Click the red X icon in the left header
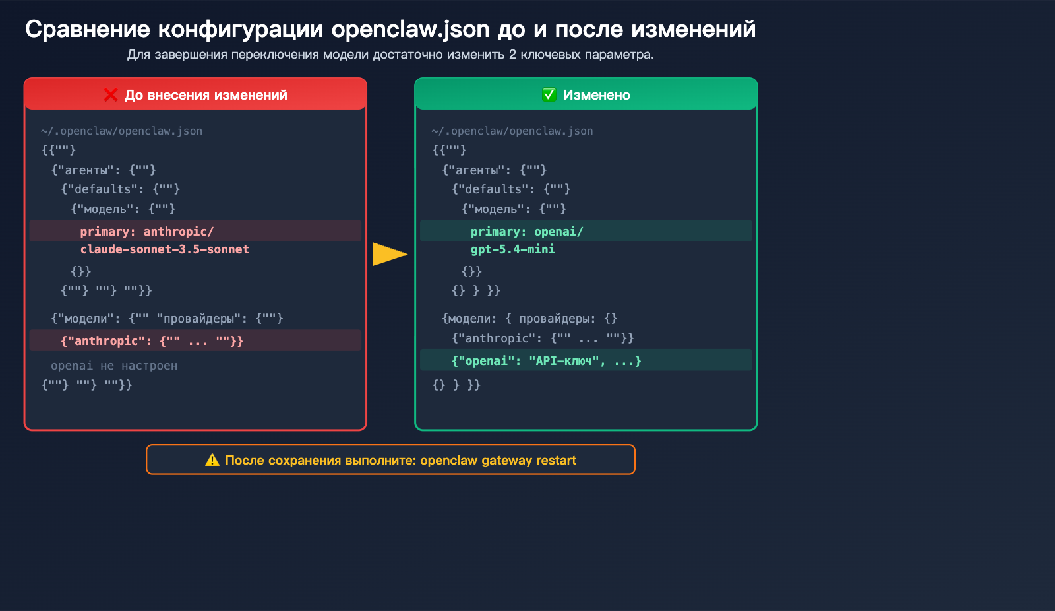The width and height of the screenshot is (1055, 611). tap(111, 95)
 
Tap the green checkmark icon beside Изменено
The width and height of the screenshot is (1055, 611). tap(549, 95)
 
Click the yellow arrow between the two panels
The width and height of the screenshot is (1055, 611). tap(390, 254)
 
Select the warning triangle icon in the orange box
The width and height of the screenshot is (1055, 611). tap(212, 460)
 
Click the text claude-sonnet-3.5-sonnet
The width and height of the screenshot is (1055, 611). tap(165, 249)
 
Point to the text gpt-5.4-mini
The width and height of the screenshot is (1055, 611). tap(513, 249)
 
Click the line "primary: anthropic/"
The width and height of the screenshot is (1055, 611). tap(147, 232)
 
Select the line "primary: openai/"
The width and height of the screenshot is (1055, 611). tap(527, 232)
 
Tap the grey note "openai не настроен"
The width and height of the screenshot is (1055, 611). tap(114, 366)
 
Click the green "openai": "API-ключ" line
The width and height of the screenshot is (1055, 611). tap(546, 361)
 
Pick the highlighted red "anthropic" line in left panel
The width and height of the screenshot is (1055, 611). tap(152, 341)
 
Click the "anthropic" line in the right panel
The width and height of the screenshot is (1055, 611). tap(543, 338)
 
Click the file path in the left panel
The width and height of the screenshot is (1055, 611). tap(122, 131)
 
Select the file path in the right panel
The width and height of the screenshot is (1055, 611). tap(512, 131)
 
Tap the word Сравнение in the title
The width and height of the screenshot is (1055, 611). tap(88, 30)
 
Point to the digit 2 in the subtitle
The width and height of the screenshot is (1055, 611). tap(512, 55)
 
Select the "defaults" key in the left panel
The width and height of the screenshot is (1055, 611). tap(102, 189)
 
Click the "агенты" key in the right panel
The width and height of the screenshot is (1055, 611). tap(479, 170)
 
